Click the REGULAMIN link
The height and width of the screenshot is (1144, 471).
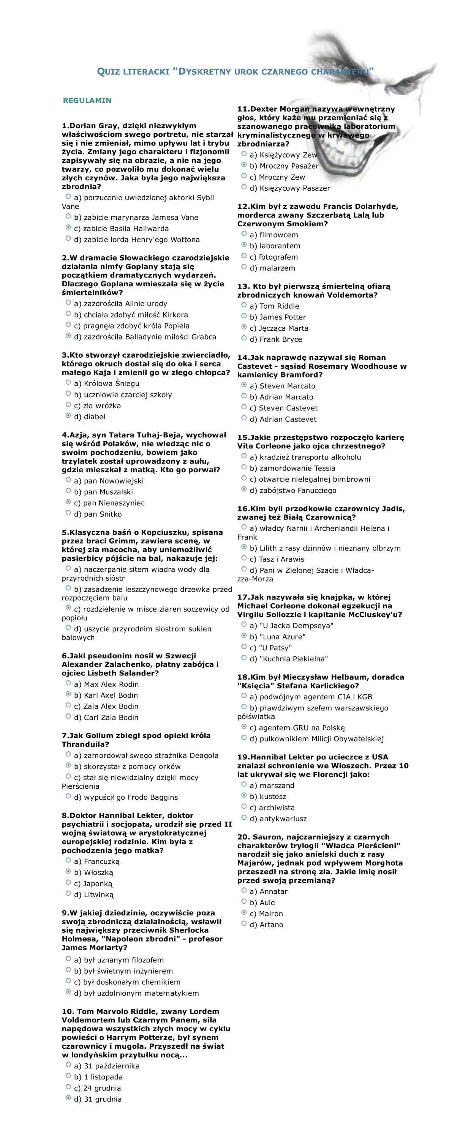(87, 100)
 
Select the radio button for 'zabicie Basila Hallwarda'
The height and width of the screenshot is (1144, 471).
(68, 227)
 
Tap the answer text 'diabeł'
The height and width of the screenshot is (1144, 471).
(95, 417)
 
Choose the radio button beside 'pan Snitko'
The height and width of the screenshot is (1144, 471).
(68, 513)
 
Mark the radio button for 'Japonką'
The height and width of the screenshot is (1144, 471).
(68, 882)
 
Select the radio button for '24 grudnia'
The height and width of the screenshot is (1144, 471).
(68, 1087)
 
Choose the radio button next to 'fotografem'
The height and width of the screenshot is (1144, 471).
(244, 256)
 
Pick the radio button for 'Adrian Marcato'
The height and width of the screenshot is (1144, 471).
(244, 396)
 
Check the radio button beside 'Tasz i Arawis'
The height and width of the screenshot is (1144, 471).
(244, 558)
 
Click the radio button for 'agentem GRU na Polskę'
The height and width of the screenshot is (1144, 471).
(244, 727)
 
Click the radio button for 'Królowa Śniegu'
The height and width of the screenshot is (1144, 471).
(68, 382)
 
